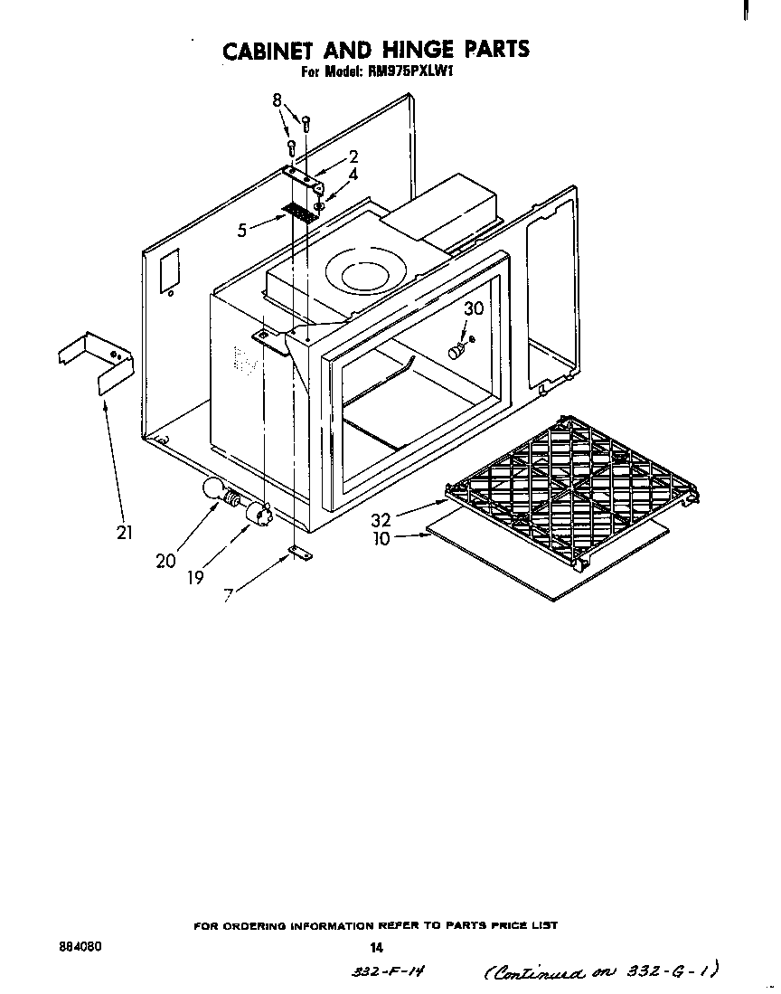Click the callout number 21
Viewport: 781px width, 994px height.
(125, 533)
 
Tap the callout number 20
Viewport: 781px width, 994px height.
(165, 561)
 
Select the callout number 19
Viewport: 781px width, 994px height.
(196, 577)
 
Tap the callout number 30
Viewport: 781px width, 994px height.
(473, 308)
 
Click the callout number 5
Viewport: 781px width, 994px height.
(242, 231)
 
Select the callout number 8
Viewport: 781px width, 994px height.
(278, 100)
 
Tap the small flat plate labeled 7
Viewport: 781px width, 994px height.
(297, 553)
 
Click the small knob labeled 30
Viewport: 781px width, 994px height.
(458, 348)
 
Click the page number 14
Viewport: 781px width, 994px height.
(377, 948)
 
